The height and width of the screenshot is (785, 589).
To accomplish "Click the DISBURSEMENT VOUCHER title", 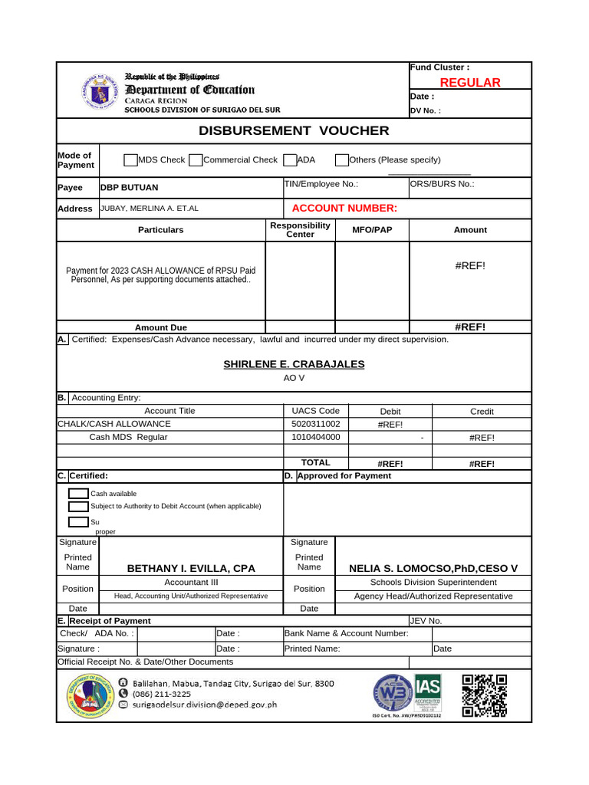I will coord(294,130).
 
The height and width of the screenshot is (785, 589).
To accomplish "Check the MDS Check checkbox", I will coord(130,159).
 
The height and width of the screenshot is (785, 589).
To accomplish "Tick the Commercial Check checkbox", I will coord(196,159).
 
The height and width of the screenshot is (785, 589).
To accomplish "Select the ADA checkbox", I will coord(290,159).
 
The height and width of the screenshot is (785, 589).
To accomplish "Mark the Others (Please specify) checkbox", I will coord(342,159).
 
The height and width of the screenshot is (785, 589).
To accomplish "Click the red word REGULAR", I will coord(469,83).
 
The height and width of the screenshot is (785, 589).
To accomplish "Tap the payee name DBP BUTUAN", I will coord(130,187).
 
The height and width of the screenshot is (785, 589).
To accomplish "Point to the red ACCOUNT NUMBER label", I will coord(344,208).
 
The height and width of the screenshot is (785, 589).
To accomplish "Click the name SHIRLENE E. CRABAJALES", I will coord(294,364).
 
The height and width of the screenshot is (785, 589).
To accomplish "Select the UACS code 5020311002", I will coord(316,424).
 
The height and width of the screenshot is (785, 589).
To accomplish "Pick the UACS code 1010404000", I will coord(316,437).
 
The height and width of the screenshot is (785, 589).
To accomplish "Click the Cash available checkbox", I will coord(78,494).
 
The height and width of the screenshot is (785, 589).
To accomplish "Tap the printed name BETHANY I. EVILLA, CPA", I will coord(191,568).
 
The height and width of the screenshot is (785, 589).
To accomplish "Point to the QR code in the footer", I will coord(485,695).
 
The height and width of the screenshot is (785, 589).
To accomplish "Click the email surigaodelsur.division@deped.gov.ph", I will coord(204,705).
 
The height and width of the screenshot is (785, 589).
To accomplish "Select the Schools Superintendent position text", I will coord(433,582).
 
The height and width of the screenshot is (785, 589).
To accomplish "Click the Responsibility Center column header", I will coord(300,229).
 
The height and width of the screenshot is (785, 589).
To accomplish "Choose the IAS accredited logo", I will coord(427,694).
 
